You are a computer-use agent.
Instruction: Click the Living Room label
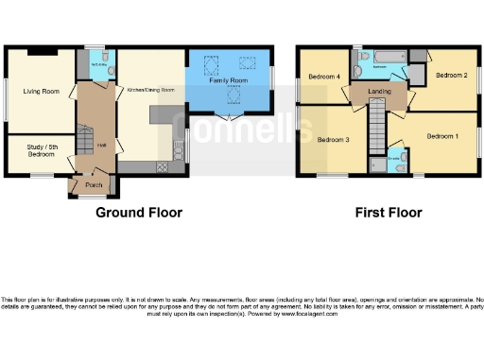40,92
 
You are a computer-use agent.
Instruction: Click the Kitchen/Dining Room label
149,90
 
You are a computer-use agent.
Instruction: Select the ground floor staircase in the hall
84,142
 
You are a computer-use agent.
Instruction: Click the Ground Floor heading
138,213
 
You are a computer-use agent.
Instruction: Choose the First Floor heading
388,213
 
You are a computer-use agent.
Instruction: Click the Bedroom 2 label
452,74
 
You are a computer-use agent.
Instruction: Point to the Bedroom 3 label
334,140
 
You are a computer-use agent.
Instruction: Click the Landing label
380,91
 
